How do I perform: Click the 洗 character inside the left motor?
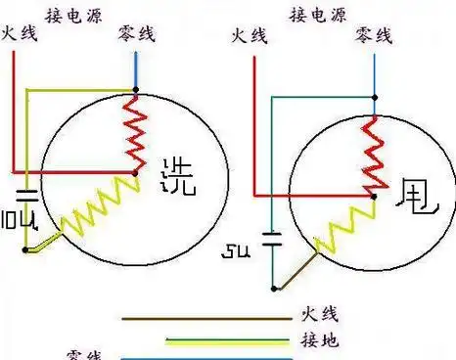tap(178, 172)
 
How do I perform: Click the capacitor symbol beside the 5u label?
tap(273, 236)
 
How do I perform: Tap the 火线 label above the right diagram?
tap(249, 35)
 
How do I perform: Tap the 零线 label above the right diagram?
tap(373, 35)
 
